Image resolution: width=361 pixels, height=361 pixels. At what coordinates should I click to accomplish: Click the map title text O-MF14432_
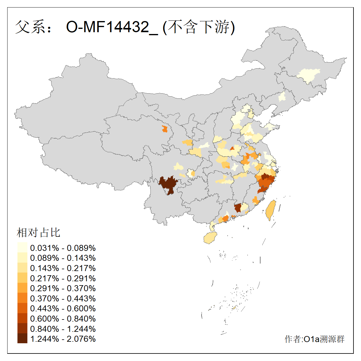point(112,27)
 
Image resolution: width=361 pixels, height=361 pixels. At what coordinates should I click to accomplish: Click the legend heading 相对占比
point(39,233)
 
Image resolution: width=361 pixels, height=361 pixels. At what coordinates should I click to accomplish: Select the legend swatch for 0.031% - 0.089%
point(22,248)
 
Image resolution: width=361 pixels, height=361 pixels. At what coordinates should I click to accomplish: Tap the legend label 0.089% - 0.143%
point(63,258)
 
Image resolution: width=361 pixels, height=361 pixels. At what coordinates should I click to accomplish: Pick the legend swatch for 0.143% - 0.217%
point(22,268)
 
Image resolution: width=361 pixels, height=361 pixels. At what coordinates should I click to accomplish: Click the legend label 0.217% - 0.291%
point(63,278)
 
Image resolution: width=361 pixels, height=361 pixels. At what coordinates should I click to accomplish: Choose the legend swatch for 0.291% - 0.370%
point(22,288)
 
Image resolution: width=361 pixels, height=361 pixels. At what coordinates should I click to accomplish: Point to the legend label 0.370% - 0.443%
point(63,298)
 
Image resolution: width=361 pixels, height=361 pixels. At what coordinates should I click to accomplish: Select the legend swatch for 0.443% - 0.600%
point(22,308)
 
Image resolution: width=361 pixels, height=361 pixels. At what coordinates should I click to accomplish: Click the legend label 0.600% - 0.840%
point(63,319)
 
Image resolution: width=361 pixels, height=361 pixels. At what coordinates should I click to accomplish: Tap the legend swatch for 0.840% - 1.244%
point(22,329)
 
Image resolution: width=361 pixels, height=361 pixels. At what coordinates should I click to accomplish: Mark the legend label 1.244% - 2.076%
point(63,339)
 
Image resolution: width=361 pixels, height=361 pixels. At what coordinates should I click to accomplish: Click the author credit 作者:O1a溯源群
point(314,339)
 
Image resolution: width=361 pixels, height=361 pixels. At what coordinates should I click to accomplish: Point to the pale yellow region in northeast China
point(309,75)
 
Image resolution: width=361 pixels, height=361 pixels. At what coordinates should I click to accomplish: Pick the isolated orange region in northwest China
point(164,129)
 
